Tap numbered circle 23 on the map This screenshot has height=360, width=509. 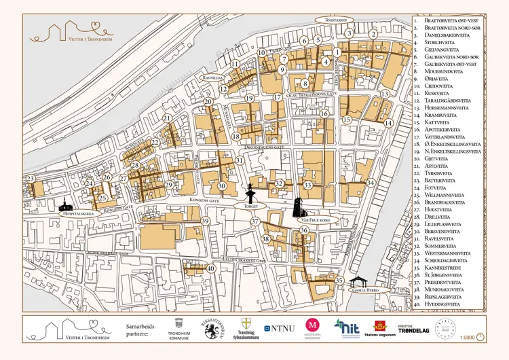[30, 179]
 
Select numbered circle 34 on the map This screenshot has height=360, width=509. [370, 183]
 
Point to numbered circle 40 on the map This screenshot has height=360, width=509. [211, 268]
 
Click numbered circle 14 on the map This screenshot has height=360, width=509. [388, 123]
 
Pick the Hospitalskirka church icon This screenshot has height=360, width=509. [64, 204]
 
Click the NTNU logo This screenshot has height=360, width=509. [280, 329]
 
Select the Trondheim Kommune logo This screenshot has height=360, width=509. [179, 329]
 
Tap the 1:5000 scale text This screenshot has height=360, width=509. [466, 337]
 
